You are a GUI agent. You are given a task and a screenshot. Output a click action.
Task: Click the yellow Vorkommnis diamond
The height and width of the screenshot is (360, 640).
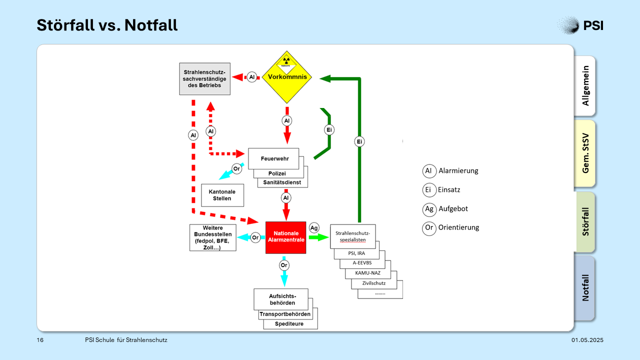(287, 77)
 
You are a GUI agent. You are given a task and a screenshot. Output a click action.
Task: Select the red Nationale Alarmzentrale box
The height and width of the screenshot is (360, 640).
(285, 237)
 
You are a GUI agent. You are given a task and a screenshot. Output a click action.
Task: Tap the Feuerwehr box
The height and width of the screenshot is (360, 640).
(273, 158)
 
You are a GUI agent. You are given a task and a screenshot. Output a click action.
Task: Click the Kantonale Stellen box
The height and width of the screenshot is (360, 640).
(222, 195)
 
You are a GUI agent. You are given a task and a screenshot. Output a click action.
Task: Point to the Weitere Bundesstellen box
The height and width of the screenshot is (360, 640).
(213, 237)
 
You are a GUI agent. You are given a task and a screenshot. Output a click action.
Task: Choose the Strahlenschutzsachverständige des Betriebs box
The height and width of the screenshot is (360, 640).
(204, 79)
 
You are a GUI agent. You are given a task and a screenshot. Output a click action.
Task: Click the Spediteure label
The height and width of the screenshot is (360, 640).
(289, 323)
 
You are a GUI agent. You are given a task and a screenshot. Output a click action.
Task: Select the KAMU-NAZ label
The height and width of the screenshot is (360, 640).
(367, 273)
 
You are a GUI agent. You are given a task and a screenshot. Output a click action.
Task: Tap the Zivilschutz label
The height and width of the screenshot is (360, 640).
(373, 283)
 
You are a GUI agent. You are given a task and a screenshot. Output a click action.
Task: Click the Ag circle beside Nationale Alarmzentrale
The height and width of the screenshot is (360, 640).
(314, 227)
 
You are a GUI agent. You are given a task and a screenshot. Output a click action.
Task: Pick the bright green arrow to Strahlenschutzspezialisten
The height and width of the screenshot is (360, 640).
(319, 237)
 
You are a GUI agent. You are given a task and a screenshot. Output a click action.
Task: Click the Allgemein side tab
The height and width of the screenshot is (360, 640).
(584, 86)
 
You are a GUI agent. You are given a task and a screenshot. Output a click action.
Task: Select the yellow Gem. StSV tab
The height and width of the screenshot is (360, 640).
(584, 153)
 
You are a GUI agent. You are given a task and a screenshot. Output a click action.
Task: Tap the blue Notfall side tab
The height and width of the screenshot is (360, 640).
(584, 288)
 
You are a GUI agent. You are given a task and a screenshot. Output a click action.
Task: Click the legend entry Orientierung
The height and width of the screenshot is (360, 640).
(451, 227)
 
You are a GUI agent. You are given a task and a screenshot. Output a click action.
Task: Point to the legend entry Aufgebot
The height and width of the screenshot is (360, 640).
(445, 209)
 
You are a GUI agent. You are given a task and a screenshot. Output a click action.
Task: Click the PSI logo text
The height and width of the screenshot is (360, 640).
(593, 25)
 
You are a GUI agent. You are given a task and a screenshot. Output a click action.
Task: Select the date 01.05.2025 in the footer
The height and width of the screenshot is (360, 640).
(587, 340)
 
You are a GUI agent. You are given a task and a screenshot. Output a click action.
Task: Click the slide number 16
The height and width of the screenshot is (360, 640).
(40, 340)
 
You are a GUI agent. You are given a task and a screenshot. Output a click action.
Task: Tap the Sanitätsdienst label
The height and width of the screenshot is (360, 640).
(282, 182)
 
